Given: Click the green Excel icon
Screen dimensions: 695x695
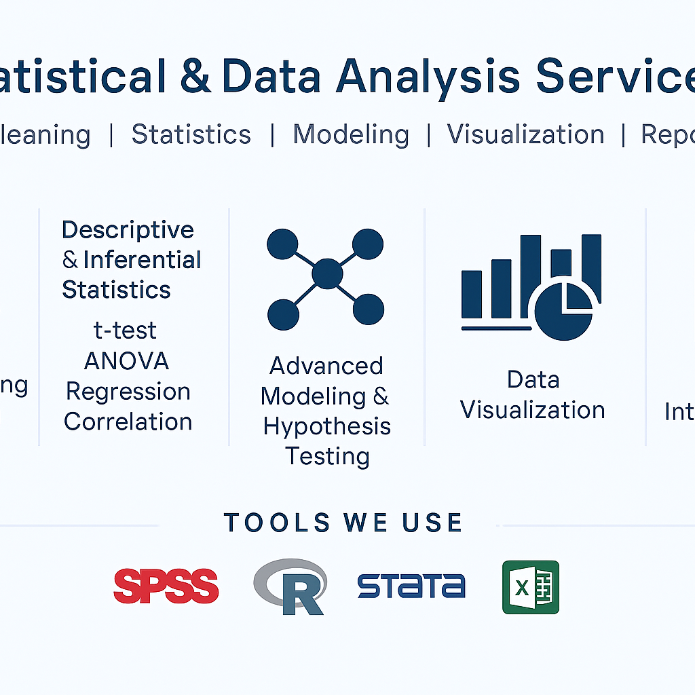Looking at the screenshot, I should coord(531,587).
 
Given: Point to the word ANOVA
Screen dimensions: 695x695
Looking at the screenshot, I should coord(126,361).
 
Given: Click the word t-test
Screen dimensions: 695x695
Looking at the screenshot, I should coord(125,331).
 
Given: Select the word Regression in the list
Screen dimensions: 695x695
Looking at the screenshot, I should coord(128,392).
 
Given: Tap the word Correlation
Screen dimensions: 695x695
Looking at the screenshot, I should coord(128,421).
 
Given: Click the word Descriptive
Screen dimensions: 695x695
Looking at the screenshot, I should coord(128,230).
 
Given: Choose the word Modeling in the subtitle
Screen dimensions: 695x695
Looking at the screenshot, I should coord(351,134).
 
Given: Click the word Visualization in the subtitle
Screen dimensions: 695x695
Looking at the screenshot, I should coord(525,134).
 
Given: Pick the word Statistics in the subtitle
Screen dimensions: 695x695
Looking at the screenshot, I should coord(191,134).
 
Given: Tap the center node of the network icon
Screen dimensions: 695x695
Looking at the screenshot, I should coord(327,274).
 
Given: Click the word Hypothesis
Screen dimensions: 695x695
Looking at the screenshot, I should coord(327,426).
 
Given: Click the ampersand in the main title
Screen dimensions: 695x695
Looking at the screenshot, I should coord(195,76).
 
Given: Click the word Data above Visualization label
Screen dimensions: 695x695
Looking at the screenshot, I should coord(533,379).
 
